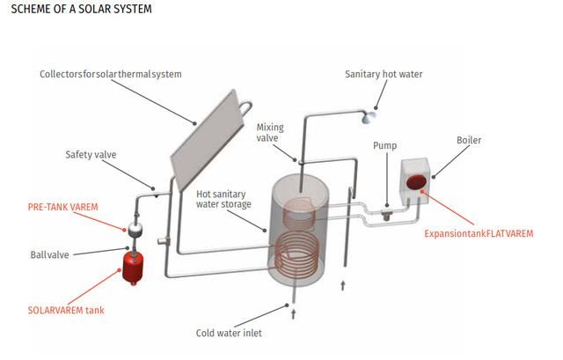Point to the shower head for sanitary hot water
point(373,114)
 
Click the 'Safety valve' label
point(91,155)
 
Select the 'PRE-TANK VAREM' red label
point(62,207)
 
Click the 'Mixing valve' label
point(270,133)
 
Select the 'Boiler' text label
point(470,140)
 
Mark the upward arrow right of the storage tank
point(344,286)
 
